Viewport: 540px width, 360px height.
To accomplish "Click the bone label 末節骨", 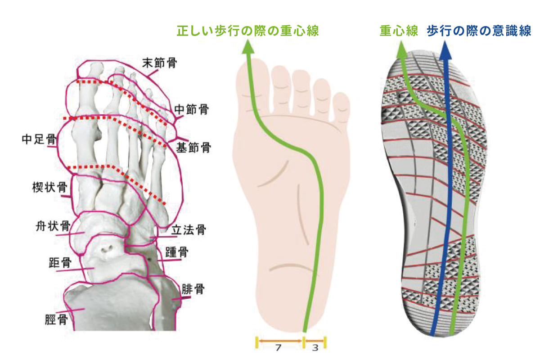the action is (x=160, y=63).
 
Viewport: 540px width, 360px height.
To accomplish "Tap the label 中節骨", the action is (x=191, y=109).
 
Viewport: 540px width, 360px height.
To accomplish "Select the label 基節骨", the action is (x=193, y=147).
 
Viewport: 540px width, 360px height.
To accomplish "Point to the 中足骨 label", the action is (x=39, y=139).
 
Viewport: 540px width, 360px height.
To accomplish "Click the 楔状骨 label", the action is (x=49, y=187).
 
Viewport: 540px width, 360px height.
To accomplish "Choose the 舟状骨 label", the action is (x=53, y=226).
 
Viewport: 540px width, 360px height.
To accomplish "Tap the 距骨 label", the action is (x=60, y=263).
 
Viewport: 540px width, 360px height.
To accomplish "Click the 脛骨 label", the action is (x=56, y=320).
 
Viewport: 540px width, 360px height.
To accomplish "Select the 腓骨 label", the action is (x=193, y=289).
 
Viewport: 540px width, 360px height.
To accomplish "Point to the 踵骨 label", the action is (x=177, y=252).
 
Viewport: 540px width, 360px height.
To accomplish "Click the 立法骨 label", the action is (x=189, y=230).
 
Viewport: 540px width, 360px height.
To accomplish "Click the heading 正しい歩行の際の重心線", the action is (x=248, y=31).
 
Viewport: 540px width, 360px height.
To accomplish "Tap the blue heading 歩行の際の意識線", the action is (x=479, y=31).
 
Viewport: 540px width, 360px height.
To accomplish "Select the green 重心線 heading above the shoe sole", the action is (x=399, y=31).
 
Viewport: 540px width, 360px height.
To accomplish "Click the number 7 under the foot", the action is (x=279, y=348).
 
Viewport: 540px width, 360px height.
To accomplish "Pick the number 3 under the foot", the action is (x=315, y=348).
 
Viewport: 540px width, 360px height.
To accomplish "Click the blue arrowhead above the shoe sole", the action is (x=445, y=50).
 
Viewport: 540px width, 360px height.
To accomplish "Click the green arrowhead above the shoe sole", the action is (x=401, y=49).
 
